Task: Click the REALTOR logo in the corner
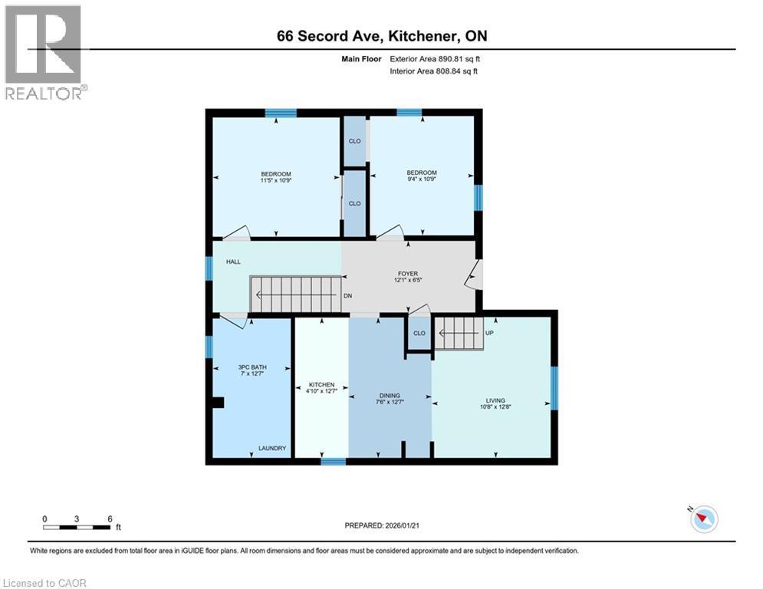tap(44, 51)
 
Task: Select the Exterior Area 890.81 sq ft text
tap(435, 58)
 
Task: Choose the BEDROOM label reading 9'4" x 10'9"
tap(422, 176)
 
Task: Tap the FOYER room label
tap(407, 275)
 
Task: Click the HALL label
tap(233, 262)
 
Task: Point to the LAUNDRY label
tap(272, 449)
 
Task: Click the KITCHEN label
tap(321, 388)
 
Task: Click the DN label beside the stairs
tap(347, 296)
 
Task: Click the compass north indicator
tap(702, 519)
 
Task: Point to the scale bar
tap(77, 527)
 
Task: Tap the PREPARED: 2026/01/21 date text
tap(381, 525)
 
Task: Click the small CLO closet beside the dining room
tap(419, 334)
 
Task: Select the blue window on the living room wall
tap(555, 388)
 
